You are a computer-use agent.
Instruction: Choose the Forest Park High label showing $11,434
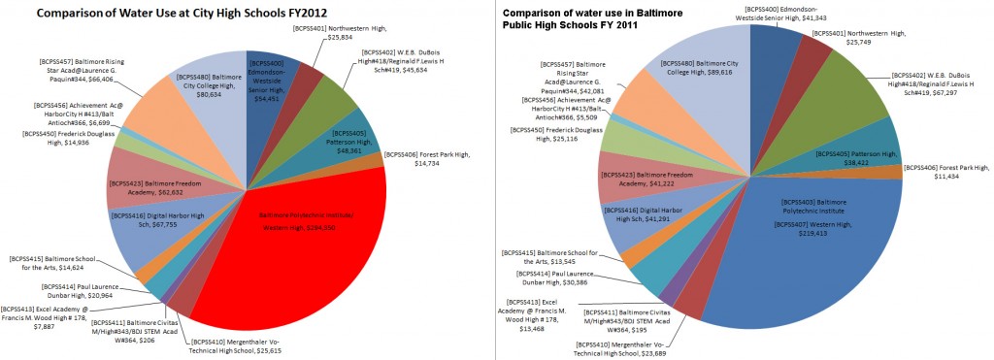pyautogui.click(x=942, y=172)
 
